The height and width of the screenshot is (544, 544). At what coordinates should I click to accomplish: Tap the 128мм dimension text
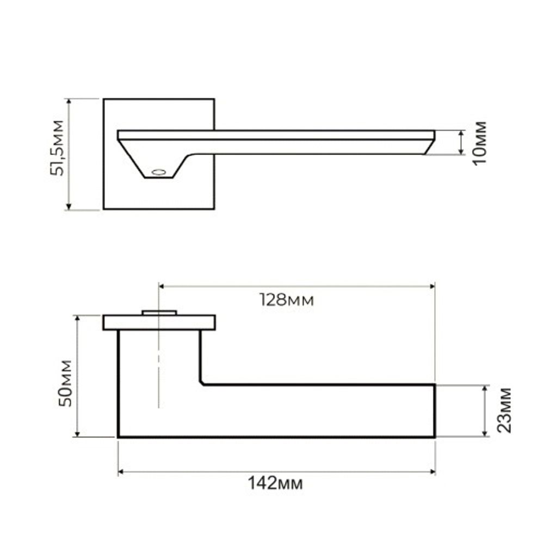[286, 300]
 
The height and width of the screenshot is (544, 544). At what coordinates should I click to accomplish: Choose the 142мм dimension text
[275, 483]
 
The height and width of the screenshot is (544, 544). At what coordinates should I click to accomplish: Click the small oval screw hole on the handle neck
[158, 172]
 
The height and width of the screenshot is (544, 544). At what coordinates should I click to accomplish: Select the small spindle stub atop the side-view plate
[159, 312]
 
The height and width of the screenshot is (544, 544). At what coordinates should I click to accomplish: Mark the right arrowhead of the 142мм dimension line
[432, 472]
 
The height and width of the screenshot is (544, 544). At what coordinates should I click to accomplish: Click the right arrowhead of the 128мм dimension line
[432, 286]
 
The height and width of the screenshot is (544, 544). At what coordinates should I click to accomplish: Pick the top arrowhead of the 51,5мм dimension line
[69, 102]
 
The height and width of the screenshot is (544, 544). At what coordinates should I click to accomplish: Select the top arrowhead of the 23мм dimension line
[485, 388]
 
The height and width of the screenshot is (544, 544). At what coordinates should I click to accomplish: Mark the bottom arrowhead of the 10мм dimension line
[461, 152]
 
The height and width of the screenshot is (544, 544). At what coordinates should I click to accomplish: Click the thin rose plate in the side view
[159, 323]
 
